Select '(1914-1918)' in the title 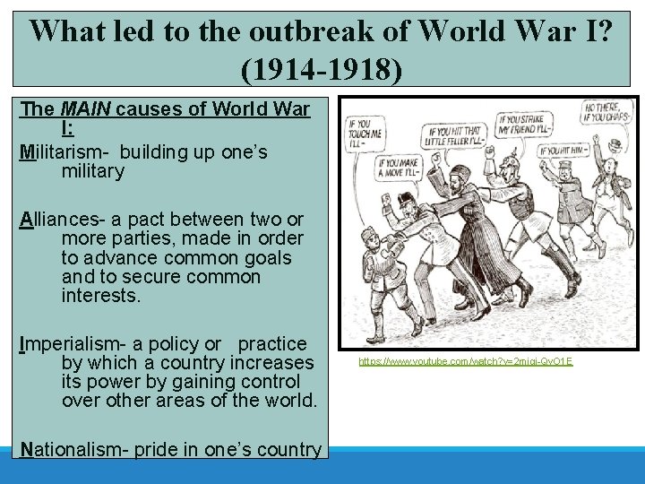(322, 69)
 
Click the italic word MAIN (85, 110)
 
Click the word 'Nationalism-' (72, 449)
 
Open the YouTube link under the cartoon (465, 361)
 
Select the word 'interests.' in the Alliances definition (100, 296)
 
